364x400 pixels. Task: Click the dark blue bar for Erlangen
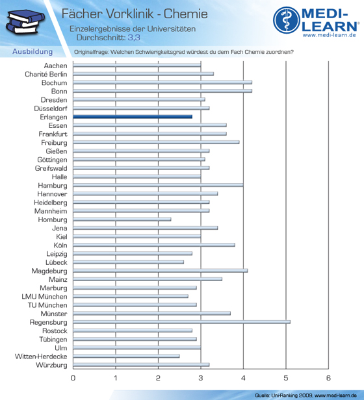pyautogui.click(x=133, y=117)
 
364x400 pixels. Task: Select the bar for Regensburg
pyautogui.click(x=181, y=322)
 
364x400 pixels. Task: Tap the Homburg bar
pyautogui.click(x=122, y=219)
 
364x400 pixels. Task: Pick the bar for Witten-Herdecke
pyautogui.click(x=126, y=356)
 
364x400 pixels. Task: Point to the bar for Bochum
pyautogui.click(x=162, y=82)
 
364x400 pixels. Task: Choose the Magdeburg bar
pyautogui.click(x=161, y=271)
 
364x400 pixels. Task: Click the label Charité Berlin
pyautogui.click(x=46, y=74)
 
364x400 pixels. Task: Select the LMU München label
pyautogui.click(x=44, y=297)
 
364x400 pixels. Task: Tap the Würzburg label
pyautogui.click(x=51, y=365)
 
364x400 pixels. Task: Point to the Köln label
pyautogui.click(x=60, y=245)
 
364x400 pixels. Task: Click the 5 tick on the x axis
pyautogui.click(x=286, y=378)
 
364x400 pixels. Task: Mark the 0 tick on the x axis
pyautogui.click(x=73, y=378)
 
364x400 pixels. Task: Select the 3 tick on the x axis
pyautogui.click(x=201, y=378)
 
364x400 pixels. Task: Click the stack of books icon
pyautogui.click(x=25, y=22)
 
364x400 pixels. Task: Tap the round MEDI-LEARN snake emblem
pyautogui.click(x=287, y=20)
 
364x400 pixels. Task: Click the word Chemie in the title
pyautogui.click(x=186, y=14)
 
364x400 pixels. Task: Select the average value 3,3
pyautogui.click(x=134, y=38)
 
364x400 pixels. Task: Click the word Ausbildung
pyautogui.click(x=32, y=51)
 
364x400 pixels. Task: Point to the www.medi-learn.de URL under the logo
pyautogui.click(x=330, y=35)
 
